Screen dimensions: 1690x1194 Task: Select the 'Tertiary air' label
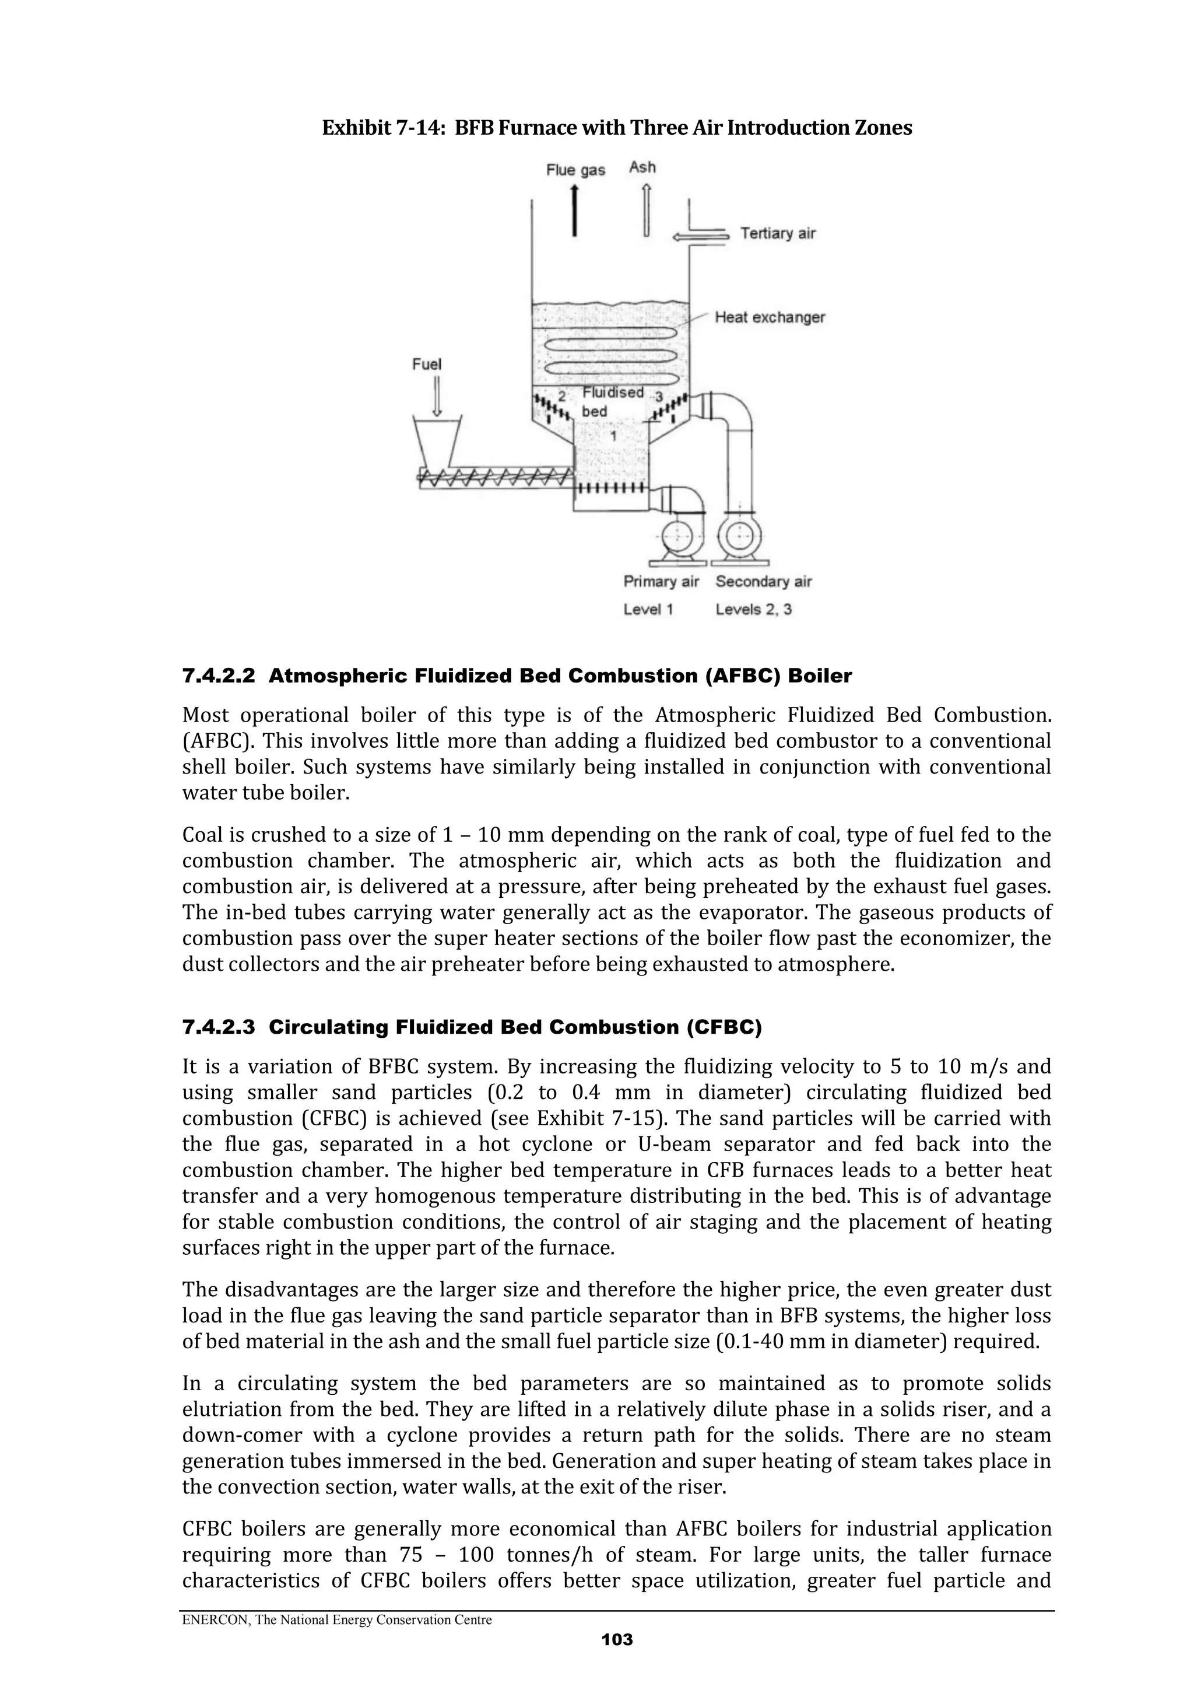(778, 233)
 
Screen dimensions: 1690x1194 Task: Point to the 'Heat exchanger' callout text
(770, 317)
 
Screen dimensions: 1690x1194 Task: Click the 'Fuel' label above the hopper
(427, 365)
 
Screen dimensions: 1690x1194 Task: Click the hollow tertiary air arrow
(700, 236)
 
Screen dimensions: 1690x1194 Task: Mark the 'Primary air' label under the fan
(661, 582)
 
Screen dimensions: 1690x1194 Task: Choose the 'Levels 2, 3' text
(753, 610)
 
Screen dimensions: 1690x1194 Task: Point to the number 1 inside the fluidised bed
(613, 436)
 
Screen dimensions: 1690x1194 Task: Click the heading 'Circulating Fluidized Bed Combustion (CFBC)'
(515, 1027)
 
